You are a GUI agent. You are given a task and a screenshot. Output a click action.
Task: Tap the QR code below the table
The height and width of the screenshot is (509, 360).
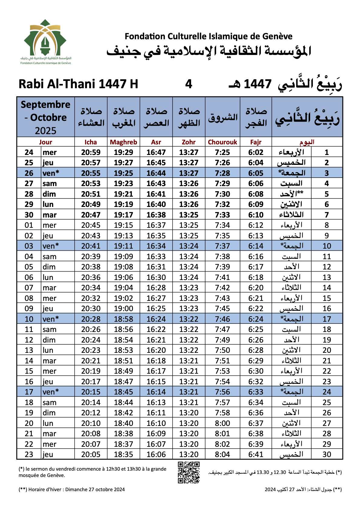pyautogui.click(x=189, y=472)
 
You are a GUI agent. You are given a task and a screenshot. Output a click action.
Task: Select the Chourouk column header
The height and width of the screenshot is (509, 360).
pyautogui.click(x=222, y=142)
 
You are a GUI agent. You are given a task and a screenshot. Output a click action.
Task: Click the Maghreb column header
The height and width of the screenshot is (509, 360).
pyautogui.click(x=123, y=142)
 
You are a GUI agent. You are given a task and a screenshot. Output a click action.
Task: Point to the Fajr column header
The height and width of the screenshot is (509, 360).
pyautogui.click(x=256, y=142)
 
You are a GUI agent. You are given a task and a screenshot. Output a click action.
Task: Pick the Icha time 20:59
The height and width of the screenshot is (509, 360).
pyautogui.click(x=91, y=152)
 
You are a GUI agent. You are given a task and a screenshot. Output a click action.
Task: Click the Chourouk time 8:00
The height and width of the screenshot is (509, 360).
pyautogui.click(x=222, y=423)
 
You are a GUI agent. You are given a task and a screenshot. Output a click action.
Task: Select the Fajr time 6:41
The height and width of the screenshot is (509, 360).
pyautogui.click(x=256, y=454)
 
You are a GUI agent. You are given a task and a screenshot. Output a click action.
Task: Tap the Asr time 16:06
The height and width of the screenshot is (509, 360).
pyautogui.click(x=156, y=454)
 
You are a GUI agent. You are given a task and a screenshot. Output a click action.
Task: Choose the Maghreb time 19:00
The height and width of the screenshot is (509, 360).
pyautogui.click(x=123, y=308)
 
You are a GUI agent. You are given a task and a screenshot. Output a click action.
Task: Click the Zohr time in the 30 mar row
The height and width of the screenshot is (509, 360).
pyautogui.click(x=189, y=215)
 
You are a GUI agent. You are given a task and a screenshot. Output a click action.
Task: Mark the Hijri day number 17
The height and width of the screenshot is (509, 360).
pyautogui.click(x=327, y=319)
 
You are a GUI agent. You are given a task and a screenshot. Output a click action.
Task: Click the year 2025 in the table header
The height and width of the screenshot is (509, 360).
pyautogui.click(x=45, y=131)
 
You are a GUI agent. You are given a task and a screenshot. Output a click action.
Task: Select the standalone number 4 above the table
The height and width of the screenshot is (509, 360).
pyautogui.click(x=189, y=84)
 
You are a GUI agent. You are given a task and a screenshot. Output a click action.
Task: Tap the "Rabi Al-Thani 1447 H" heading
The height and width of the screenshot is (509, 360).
pyautogui.click(x=78, y=84)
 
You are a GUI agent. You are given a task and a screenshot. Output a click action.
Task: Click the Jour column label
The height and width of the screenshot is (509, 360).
pyautogui.click(x=45, y=142)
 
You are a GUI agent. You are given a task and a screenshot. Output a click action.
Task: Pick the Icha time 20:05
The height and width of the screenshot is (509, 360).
pyautogui.click(x=91, y=454)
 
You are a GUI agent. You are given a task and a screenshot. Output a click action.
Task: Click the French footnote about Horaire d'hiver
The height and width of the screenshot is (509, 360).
pyautogui.click(x=72, y=489)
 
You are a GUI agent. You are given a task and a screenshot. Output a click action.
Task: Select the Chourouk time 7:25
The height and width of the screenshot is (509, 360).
pyautogui.click(x=222, y=152)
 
